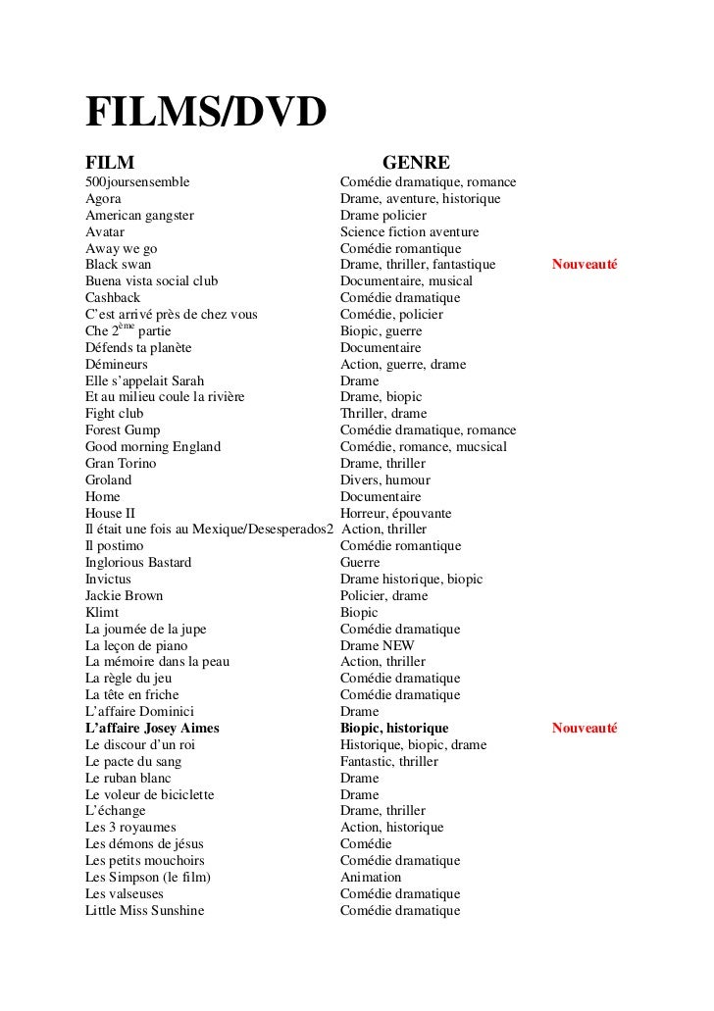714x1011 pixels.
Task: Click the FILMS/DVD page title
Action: [x=205, y=116]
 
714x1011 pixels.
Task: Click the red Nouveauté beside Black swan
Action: [x=584, y=265]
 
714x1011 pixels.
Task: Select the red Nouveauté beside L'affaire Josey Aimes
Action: [x=584, y=729]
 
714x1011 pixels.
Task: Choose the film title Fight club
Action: [x=114, y=414]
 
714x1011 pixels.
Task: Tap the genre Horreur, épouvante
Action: [x=395, y=513]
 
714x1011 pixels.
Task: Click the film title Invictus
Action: [x=108, y=580]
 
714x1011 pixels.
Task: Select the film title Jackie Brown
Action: [x=124, y=596]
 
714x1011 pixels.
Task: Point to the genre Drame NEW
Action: [x=377, y=646]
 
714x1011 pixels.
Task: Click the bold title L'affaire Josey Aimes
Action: [x=152, y=729]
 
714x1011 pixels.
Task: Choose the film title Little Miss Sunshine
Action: [x=144, y=911]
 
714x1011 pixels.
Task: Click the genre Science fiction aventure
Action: [x=409, y=232]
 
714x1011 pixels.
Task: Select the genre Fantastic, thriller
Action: [x=388, y=762]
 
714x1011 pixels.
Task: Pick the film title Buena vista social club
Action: [x=151, y=281]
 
